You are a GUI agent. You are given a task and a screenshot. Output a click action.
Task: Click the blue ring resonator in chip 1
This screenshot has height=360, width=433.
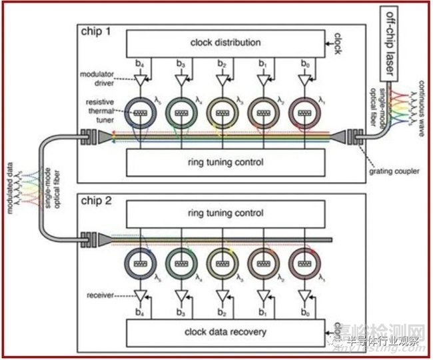click(x=140, y=114)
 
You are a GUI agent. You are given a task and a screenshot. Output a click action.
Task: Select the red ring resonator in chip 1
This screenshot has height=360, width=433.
click(x=306, y=114)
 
